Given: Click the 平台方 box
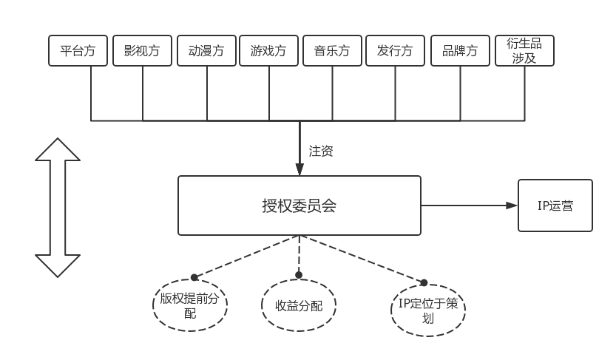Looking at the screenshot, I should click(78, 51).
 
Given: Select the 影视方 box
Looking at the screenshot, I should click(143, 51).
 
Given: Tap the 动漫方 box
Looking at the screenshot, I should click(206, 51).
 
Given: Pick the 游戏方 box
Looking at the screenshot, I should click(269, 51).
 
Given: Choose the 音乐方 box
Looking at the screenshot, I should click(332, 51).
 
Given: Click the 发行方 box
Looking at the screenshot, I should click(395, 51).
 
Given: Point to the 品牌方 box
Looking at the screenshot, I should click(459, 51).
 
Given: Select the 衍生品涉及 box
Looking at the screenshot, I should click(524, 51).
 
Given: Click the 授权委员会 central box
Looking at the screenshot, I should click(299, 206).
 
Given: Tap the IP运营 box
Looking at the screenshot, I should click(555, 206).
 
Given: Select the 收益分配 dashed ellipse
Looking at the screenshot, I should click(299, 305).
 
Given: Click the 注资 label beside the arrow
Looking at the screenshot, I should click(321, 152).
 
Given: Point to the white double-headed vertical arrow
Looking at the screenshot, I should click(58, 208).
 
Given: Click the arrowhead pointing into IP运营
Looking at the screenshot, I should click(512, 206).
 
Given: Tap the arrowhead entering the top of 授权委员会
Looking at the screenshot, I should click(299, 170).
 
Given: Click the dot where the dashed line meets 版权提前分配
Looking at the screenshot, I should click(194, 277).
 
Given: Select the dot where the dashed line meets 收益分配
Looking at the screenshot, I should click(299, 275).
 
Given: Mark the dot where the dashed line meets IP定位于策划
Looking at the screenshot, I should click(424, 282).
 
